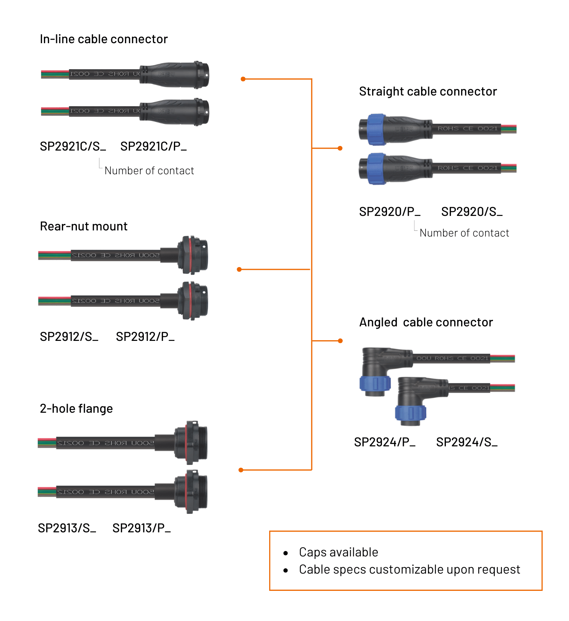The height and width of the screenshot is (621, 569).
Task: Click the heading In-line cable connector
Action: coord(104,39)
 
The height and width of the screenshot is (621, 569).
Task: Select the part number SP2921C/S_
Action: coord(73,146)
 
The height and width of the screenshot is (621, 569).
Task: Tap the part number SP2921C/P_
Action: coord(153,146)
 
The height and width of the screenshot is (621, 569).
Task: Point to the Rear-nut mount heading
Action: coord(84,226)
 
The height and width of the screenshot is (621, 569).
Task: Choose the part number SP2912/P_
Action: coord(145,337)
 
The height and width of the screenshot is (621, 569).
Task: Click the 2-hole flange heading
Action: coord(76,409)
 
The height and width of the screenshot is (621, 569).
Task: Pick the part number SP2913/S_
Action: coord(67,528)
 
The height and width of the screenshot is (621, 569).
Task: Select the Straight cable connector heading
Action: coord(428,91)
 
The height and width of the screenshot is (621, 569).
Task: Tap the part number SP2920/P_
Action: coord(389,212)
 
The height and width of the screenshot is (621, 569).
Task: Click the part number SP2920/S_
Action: coord(471,212)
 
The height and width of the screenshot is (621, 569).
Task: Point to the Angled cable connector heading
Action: coord(426,322)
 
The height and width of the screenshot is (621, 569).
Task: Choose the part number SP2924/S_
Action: coord(467,442)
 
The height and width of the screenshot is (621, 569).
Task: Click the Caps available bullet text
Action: coord(338,552)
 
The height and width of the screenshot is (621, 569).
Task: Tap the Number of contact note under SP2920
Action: coord(464,233)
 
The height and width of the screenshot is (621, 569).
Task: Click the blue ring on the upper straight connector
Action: coord(376,130)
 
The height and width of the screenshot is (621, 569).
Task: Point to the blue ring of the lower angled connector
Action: coord(410,413)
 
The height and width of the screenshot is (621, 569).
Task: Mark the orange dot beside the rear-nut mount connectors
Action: coord(239,269)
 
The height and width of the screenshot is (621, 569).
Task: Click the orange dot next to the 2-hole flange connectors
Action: coord(241,470)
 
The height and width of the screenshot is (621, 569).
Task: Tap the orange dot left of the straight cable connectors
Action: coord(340,148)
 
